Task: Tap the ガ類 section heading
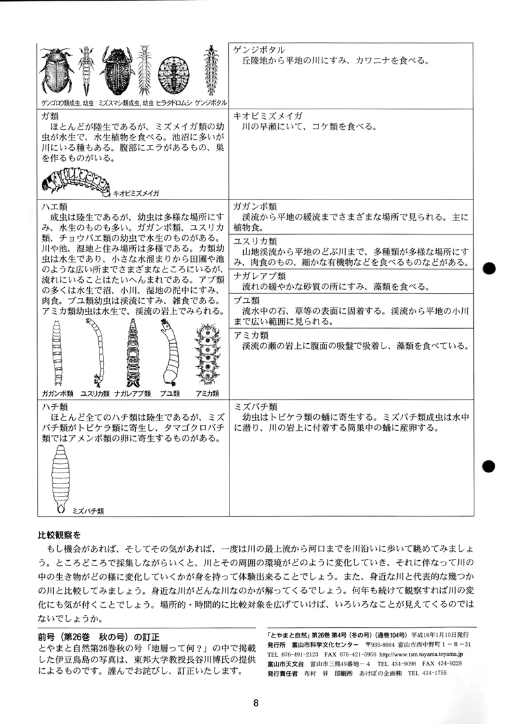pos(50,115)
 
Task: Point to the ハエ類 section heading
pos(54,206)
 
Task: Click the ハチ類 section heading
pos(54,404)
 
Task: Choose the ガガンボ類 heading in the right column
pos(256,206)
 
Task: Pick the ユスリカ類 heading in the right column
pos(256,240)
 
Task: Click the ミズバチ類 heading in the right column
pos(256,404)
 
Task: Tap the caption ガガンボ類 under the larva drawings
pos(58,394)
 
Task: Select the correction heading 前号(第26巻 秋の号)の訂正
pos(97,629)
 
